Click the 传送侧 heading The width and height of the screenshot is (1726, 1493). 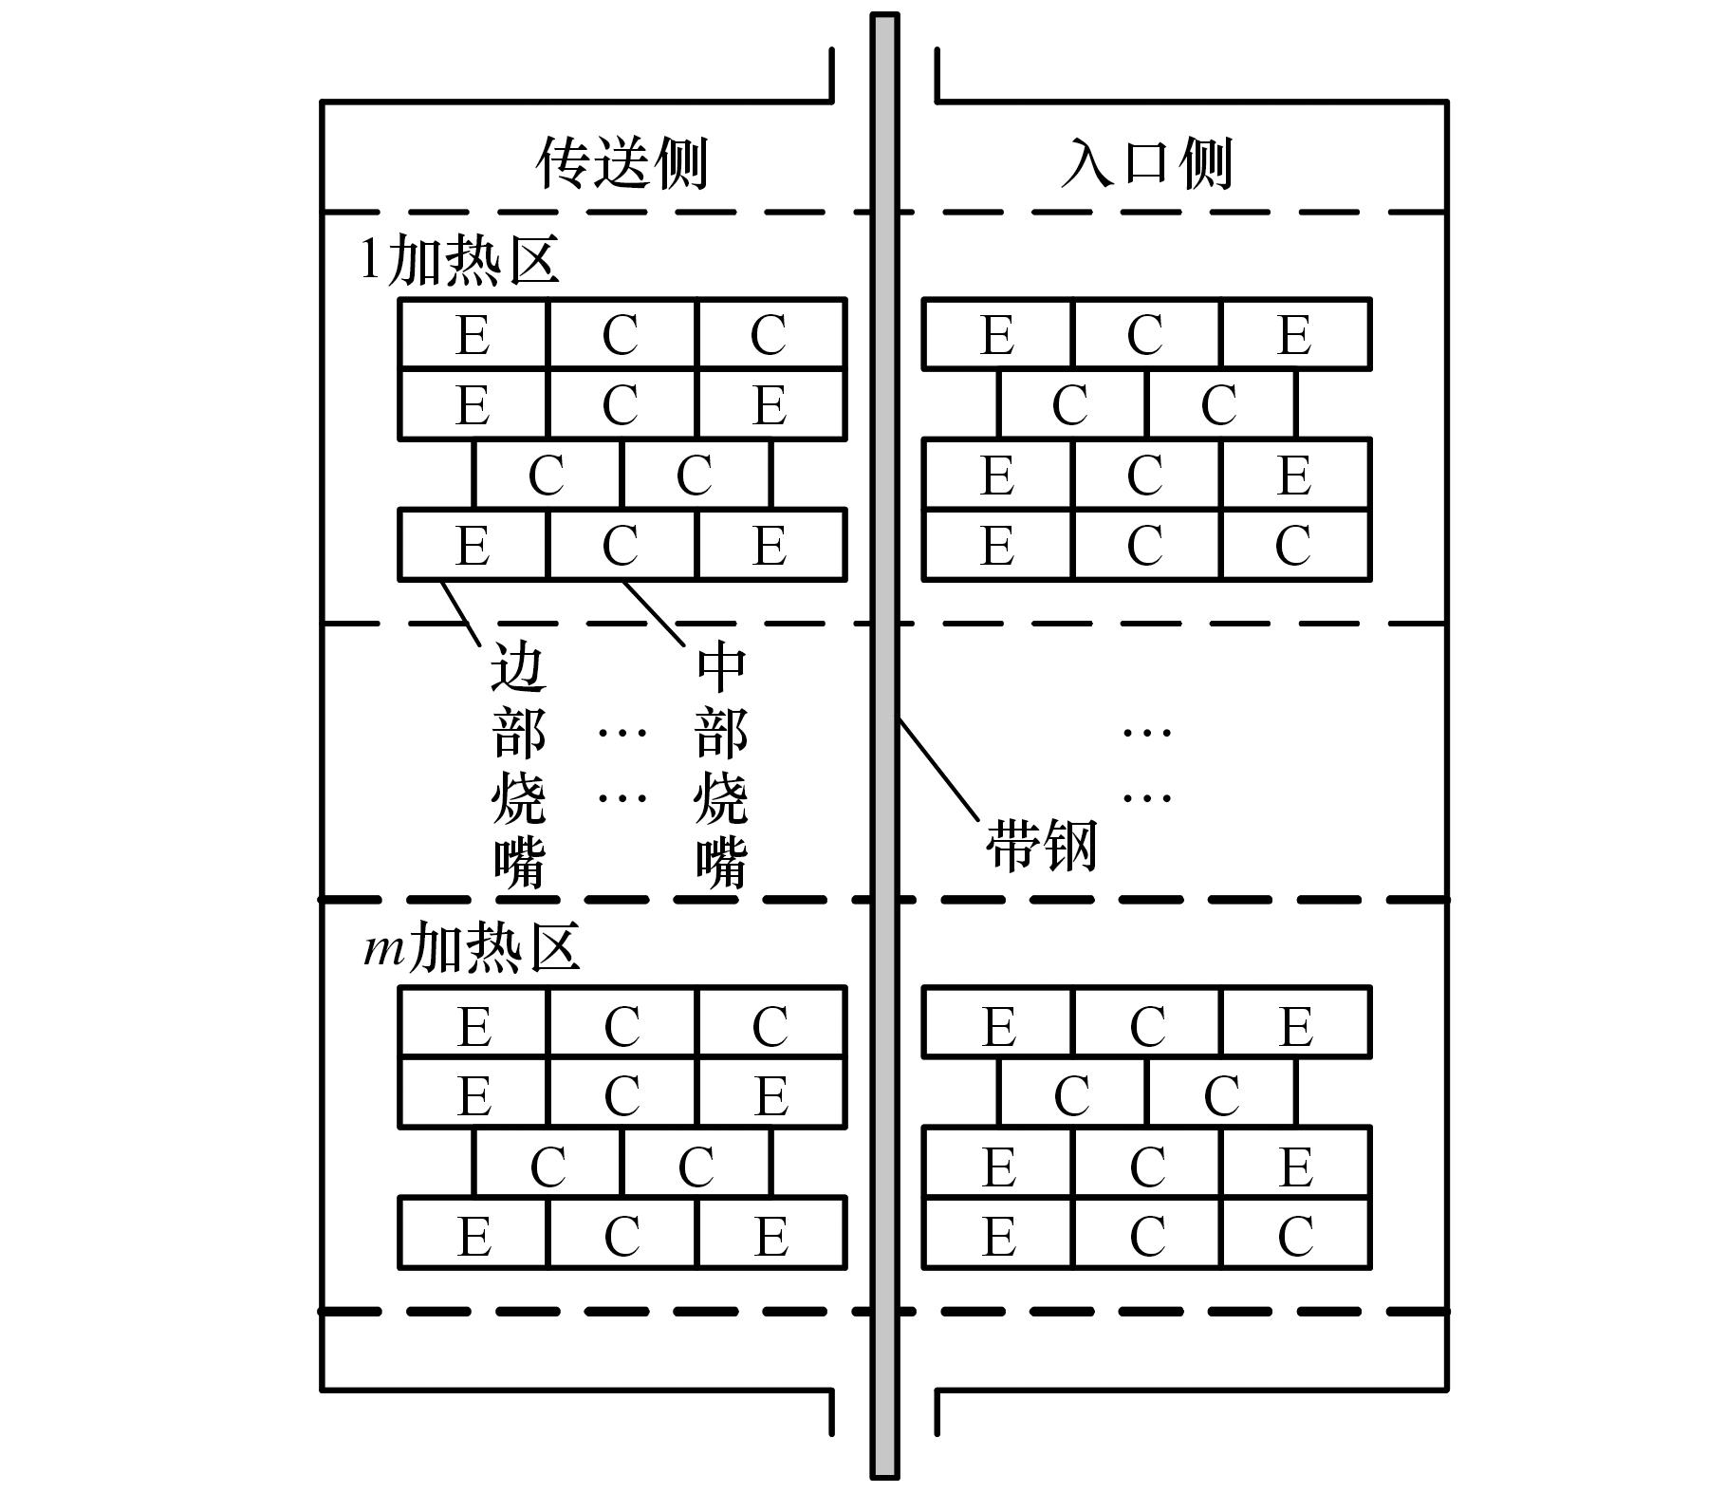click(622, 163)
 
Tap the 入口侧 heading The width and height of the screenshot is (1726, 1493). click(1146, 163)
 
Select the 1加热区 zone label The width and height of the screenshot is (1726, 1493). click(460, 258)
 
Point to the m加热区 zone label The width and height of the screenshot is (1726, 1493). click(472, 946)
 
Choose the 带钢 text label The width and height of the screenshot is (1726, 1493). click(1042, 845)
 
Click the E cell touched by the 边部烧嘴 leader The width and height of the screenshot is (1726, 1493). click(473, 545)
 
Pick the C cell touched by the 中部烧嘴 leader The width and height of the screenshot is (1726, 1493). click(621, 545)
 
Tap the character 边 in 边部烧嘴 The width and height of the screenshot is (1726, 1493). click(518, 666)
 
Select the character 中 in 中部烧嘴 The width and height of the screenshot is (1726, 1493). click(721, 666)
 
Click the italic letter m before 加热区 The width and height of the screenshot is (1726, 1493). click(384, 947)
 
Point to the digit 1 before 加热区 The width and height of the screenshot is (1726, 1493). click(371, 258)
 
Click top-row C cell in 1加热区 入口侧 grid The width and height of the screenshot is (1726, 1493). click(1145, 334)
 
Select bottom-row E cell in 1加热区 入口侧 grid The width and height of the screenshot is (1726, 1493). click(997, 545)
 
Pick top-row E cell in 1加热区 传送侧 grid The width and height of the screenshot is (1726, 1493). click(473, 334)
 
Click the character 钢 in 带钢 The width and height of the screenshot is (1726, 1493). click(1069, 845)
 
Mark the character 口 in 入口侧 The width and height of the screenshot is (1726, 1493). click(1146, 163)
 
